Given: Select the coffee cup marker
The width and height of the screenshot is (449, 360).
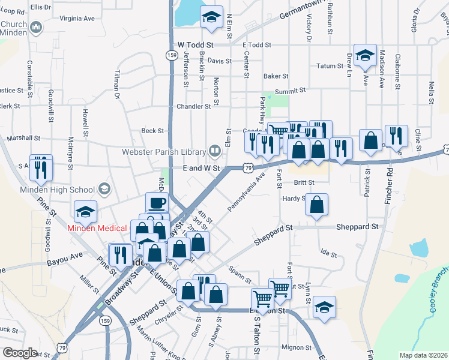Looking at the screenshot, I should tap(157, 203).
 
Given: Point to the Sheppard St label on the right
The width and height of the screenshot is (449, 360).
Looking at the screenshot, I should tap(358, 227).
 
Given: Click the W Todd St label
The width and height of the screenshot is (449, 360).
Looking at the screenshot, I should tap(196, 45).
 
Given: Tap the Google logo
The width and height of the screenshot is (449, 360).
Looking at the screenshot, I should tap(20, 353).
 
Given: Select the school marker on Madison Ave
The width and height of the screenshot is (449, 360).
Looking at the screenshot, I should tap(364, 55).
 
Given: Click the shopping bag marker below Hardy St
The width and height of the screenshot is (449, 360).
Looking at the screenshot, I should tap(316, 205).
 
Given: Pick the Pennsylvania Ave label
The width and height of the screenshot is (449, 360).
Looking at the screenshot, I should tap(246, 192).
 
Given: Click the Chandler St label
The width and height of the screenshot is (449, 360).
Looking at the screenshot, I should tap(193, 106).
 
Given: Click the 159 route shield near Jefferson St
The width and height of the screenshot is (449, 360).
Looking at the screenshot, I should tap(171, 55).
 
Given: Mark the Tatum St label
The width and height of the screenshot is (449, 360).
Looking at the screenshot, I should tap(330, 66).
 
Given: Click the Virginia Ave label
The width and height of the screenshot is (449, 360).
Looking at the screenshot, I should tap(77, 19).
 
